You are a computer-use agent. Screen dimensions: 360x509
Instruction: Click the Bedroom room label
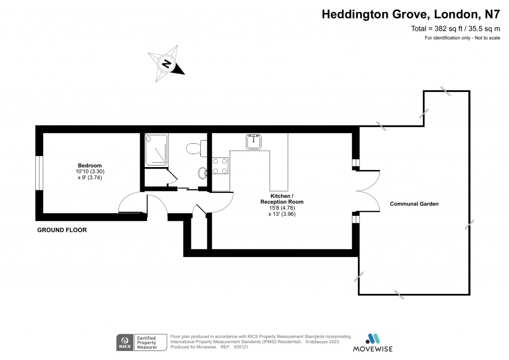89,166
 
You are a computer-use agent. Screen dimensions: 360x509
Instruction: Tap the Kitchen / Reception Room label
282,199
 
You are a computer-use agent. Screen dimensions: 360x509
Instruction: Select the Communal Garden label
414,204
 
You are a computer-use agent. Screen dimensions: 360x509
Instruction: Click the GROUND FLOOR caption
62,230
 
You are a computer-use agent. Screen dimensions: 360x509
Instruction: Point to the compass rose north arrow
167,64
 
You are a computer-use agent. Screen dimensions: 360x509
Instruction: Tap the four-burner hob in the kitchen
220,166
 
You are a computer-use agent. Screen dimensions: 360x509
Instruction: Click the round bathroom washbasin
203,173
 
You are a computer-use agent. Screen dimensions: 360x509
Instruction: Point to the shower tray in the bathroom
156,149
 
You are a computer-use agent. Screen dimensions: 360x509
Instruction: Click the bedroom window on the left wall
39,173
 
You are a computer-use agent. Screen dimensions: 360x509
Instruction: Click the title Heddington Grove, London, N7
411,14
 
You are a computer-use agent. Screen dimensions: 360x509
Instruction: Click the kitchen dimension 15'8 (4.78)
282,208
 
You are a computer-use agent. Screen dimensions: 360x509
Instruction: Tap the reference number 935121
237,347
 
